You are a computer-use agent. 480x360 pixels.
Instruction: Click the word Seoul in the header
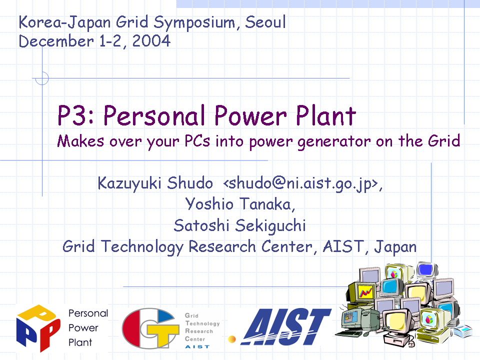[265, 22]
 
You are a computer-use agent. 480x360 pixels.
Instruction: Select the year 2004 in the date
[151, 41]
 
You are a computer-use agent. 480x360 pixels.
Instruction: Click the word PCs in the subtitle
[197, 141]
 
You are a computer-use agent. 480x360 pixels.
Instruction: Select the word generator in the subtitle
[334, 142]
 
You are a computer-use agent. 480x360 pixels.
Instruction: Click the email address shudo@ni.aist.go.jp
[302, 183]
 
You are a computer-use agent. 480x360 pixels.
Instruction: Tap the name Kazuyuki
[129, 183]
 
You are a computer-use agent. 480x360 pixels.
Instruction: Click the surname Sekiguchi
[270, 226]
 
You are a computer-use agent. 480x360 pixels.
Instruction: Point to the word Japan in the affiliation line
[395, 247]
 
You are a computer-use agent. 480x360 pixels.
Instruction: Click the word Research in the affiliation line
[222, 246]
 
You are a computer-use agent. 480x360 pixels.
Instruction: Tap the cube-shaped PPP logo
[38, 328]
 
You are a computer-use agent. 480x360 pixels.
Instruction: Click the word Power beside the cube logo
[83, 328]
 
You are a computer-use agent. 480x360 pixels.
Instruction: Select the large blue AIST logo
[286, 326]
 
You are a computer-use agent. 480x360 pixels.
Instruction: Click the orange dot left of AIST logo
[231, 339]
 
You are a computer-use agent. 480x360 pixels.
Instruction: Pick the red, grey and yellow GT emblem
[150, 328]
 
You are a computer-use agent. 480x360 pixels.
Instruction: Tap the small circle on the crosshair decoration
[42, 78]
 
